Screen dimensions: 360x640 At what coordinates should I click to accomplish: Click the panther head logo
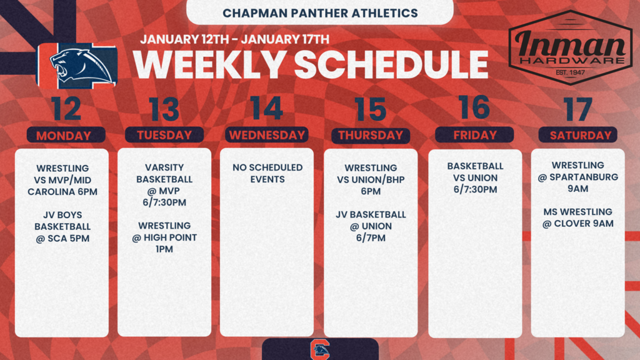click(77, 65)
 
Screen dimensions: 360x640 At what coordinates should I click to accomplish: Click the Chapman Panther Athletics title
click(320, 12)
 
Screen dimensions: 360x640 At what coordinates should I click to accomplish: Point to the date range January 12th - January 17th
click(234, 39)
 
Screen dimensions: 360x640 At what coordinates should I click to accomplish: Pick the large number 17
click(577, 109)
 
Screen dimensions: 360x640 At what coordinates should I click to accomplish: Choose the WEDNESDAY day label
click(267, 135)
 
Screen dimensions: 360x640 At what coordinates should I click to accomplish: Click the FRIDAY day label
click(474, 135)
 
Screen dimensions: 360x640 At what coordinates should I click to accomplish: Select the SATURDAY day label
click(577, 135)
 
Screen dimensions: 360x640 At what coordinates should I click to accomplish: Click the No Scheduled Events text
click(267, 173)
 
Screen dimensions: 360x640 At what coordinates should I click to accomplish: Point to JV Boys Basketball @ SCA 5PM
click(62, 226)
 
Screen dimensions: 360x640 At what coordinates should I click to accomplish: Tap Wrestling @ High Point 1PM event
click(164, 237)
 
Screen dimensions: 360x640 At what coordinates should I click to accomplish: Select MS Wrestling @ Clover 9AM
click(577, 217)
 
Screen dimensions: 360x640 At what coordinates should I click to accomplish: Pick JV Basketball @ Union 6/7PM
click(371, 226)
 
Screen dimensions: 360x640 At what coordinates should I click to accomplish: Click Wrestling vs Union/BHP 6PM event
click(371, 179)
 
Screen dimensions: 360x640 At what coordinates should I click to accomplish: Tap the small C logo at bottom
click(320, 349)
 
